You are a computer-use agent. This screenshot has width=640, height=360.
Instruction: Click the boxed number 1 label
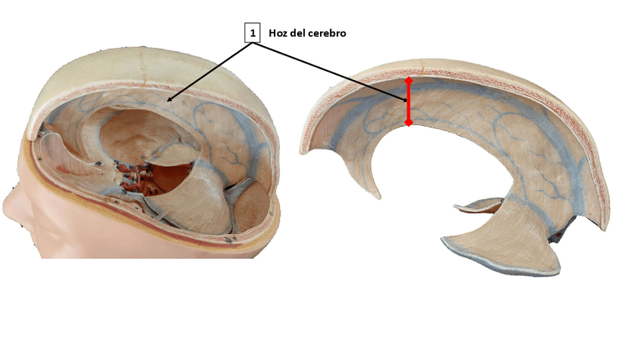click(x=252, y=32)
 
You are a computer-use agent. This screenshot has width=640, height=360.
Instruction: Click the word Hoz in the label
click(x=278, y=33)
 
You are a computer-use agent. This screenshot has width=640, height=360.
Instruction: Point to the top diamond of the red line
click(x=408, y=79)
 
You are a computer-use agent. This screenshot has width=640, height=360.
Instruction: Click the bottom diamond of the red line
click(x=408, y=122)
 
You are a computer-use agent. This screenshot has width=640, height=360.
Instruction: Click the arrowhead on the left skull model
click(x=169, y=99)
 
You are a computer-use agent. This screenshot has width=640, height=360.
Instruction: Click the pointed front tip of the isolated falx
click(x=378, y=195)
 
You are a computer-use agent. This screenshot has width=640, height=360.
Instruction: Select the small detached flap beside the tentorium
click(x=479, y=205)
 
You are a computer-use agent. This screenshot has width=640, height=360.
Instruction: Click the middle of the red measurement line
click(x=408, y=101)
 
